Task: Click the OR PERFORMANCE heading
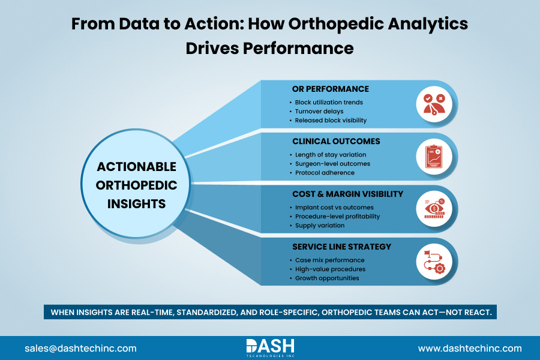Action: tap(330, 89)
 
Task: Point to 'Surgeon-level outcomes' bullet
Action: tap(332, 164)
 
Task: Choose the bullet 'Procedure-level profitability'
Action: tap(337, 217)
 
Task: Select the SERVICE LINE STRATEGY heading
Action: tap(341, 247)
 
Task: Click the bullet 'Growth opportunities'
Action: tap(327, 278)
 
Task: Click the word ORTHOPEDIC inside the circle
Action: tap(137, 185)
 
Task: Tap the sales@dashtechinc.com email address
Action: tap(80, 348)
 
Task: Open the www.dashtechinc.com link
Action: tap(469, 348)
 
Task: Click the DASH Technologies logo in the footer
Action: tap(269, 347)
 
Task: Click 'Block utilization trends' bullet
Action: tap(329, 102)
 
